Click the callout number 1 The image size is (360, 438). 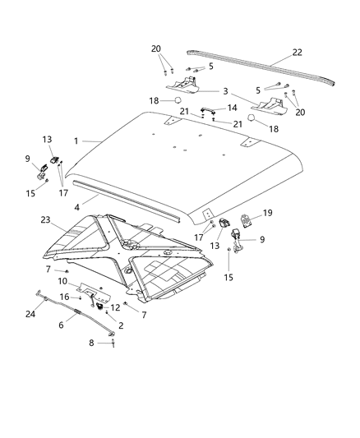tap(75, 141)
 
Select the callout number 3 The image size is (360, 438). tap(224, 91)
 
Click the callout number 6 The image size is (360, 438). tap(60, 325)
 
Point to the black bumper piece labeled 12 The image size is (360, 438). tap(105, 307)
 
